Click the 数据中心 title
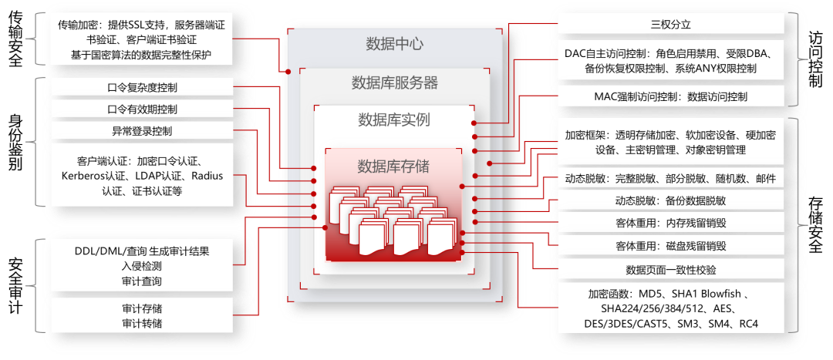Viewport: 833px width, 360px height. click(x=394, y=44)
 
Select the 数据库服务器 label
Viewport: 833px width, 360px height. click(x=394, y=82)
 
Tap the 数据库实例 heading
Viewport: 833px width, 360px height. click(x=394, y=119)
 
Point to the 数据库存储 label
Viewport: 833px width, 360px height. click(x=394, y=166)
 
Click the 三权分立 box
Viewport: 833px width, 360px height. click(x=670, y=25)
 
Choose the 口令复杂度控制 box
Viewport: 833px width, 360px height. click(x=142, y=88)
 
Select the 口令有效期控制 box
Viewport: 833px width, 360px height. click(x=142, y=109)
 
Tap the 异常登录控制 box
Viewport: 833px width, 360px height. click(x=142, y=130)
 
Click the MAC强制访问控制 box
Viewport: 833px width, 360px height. click(x=670, y=97)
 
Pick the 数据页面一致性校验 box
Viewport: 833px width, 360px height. click(x=670, y=270)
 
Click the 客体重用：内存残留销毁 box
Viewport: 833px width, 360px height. click(x=670, y=224)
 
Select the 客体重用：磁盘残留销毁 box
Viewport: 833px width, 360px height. click(x=670, y=247)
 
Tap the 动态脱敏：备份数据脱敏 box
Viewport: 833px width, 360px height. click(x=670, y=200)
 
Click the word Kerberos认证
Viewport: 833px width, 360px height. click(x=92, y=177)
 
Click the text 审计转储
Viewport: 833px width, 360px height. click(x=142, y=323)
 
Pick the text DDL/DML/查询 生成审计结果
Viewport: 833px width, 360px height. click(x=142, y=251)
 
